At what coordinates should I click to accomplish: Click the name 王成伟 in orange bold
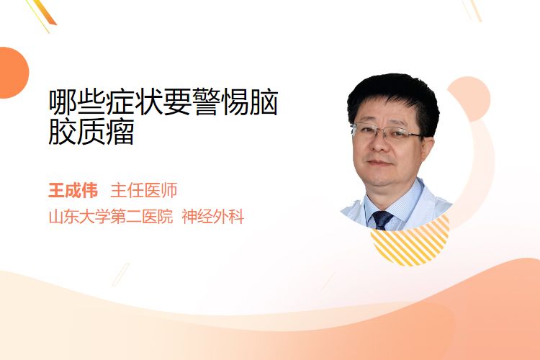click(x=73, y=191)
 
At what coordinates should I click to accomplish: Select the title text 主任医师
click(x=144, y=191)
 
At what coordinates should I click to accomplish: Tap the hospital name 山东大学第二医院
click(x=111, y=217)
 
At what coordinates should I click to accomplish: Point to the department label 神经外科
click(x=213, y=217)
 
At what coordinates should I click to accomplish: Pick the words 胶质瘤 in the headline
click(x=91, y=132)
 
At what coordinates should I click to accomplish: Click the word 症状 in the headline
click(x=120, y=102)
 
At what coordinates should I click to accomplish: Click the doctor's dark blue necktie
click(x=382, y=220)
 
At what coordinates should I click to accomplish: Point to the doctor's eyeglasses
click(x=387, y=132)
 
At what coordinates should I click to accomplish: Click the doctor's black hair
click(x=393, y=96)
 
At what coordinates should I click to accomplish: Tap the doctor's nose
click(x=379, y=144)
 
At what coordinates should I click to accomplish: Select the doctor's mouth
click(x=379, y=163)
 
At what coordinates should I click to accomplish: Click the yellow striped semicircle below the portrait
click(x=410, y=243)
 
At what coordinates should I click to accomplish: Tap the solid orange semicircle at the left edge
click(x=14, y=73)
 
